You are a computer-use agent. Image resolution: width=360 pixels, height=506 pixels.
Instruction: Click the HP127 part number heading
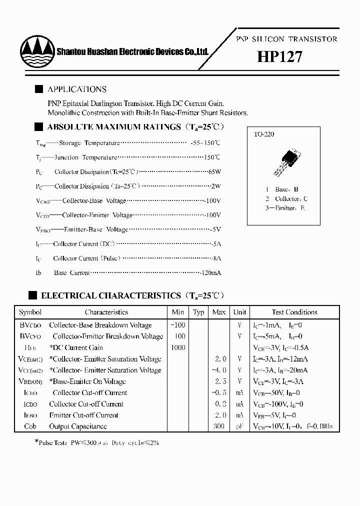(x=279, y=57)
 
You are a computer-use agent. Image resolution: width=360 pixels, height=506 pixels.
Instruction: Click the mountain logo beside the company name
(x=36, y=50)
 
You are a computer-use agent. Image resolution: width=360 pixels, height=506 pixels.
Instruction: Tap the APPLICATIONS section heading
(x=76, y=89)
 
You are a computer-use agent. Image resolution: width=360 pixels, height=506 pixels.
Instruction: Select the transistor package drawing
(x=284, y=160)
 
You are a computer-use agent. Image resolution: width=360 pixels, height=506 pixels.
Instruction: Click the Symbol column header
(x=30, y=312)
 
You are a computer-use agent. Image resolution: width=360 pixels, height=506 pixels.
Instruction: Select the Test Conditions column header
(x=294, y=312)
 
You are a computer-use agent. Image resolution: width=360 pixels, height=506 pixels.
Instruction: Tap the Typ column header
(x=198, y=312)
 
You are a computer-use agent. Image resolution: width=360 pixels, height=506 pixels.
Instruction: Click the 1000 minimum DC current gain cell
(x=178, y=347)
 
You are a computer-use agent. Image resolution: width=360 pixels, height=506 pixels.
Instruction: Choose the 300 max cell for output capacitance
(x=219, y=426)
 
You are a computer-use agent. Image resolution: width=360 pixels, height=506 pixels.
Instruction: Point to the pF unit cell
(x=240, y=426)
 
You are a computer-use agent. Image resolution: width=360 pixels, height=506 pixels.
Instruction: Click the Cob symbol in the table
(x=30, y=426)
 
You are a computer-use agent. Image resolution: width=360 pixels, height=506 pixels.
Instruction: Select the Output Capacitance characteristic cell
(x=78, y=426)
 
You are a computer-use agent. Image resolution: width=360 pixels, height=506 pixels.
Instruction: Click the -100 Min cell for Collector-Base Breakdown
(x=178, y=325)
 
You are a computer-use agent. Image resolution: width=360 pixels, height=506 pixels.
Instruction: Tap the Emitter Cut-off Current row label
(x=83, y=415)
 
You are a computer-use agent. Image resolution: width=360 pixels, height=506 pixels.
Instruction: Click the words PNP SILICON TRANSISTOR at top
(x=286, y=39)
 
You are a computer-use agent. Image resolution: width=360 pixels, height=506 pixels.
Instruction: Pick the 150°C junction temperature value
(x=212, y=157)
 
